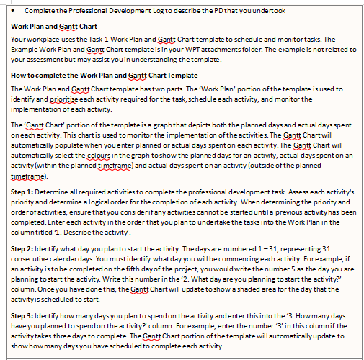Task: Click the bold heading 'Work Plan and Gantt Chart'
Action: click(54, 26)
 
